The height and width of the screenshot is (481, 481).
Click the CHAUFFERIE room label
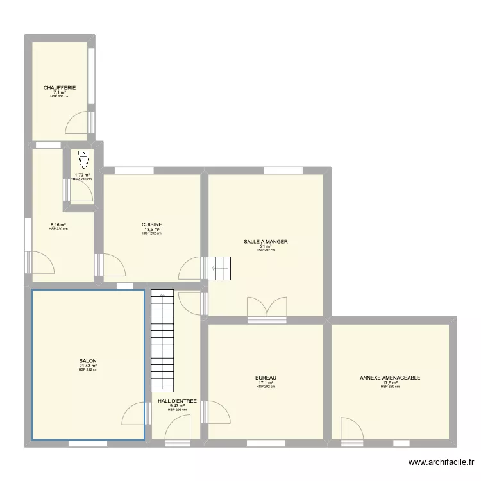pos(60,88)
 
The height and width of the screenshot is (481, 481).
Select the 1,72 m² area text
pos(81,175)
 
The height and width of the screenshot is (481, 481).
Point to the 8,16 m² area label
pos(58,225)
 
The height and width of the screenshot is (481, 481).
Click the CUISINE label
pos(152,224)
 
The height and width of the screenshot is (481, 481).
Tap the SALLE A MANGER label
pos(266,242)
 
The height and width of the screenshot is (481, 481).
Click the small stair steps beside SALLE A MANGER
pos(219,268)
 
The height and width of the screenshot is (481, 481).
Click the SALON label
pos(88,361)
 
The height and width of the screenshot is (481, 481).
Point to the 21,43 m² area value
pos(88,366)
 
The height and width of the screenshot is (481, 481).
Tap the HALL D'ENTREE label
pos(177,401)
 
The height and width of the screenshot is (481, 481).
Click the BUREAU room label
pos(266,378)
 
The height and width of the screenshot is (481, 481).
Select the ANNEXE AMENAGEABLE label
pos(390,378)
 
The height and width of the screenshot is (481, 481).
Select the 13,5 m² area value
pos(152,230)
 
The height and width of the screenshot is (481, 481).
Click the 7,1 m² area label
pos(60,92)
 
